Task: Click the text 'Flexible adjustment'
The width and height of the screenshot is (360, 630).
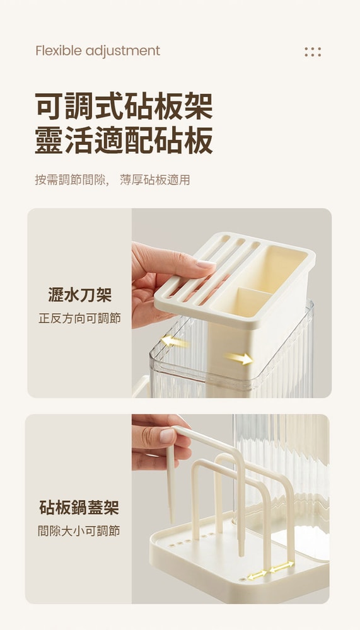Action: [98, 51]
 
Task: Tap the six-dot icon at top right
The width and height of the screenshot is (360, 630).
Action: [313, 52]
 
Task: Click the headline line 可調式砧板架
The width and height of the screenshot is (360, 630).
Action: [124, 105]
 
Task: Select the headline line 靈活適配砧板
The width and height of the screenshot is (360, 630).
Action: [124, 140]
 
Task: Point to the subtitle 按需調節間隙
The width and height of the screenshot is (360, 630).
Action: [71, 180]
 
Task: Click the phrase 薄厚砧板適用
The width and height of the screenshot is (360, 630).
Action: [154, 180]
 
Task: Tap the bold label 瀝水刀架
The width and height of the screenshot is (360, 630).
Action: [79, 294]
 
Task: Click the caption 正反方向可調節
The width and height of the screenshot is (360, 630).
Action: [79, 318]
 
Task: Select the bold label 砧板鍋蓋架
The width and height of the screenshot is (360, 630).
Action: [79, 507]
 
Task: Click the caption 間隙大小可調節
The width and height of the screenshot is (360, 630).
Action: [79, 531]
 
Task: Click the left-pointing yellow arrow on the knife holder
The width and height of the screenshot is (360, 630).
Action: [175, 341]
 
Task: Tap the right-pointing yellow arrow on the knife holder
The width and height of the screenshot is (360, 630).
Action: [239, 358]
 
